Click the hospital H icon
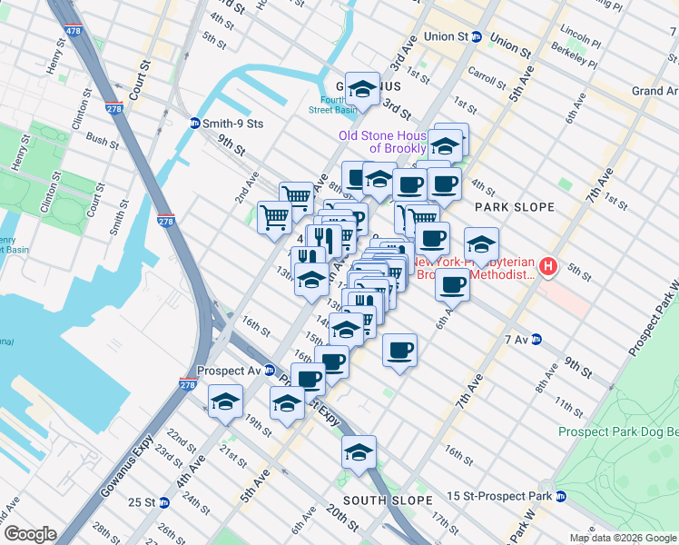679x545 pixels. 548,266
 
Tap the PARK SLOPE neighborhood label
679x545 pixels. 514,207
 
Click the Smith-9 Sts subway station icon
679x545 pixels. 195,123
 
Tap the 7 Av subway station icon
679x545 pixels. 536,340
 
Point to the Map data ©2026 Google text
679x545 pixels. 622,538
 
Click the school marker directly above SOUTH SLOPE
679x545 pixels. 359,454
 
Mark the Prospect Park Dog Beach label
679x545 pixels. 617,431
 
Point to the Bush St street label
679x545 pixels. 103,141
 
